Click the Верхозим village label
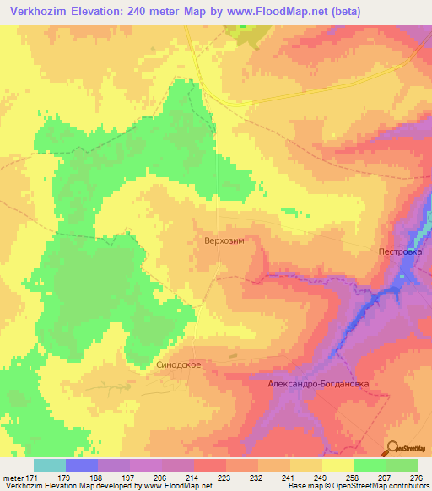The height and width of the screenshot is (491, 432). (x=224, y=240)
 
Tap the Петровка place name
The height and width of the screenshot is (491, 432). (x=399, y=251)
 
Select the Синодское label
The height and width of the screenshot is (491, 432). (x=178, y=364)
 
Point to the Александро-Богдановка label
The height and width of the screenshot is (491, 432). (x=319, y=382)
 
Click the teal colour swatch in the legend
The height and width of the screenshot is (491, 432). (x=50, y=465)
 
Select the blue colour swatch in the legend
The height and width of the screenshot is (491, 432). (x=82, y=465)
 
